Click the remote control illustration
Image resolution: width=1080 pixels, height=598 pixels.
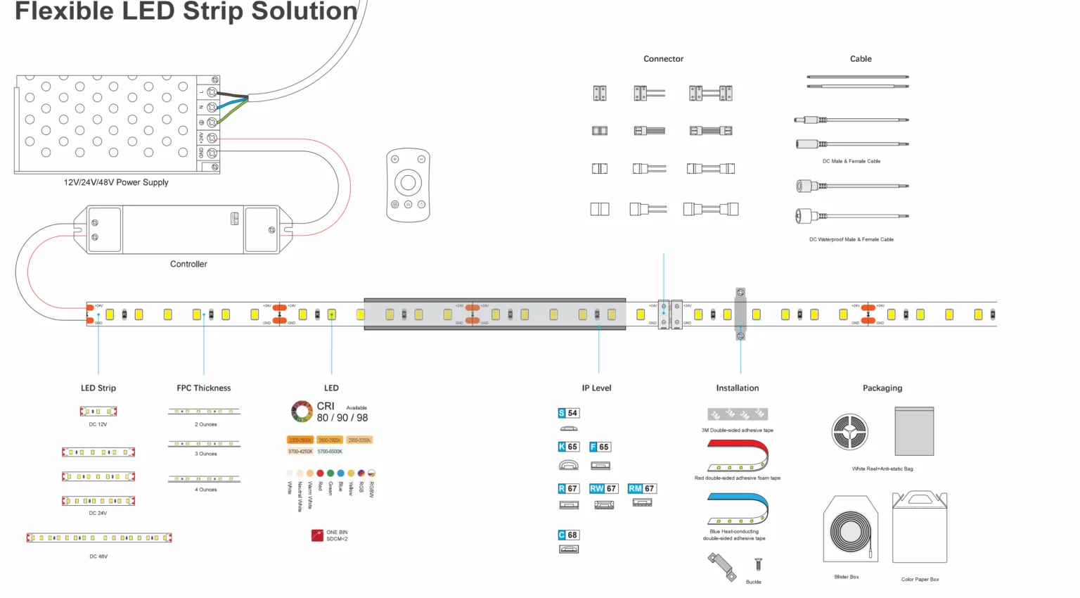click(408, 184)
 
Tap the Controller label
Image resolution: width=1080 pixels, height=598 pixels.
click(188, 265)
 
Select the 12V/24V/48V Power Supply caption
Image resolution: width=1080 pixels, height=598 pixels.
click(116, 182)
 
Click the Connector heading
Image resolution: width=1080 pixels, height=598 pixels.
click(663, 59)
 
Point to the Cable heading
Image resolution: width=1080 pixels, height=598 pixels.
click(861, 59)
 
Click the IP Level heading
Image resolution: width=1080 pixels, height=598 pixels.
click(596, 388)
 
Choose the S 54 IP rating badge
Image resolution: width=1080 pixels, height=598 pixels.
click(568, 413)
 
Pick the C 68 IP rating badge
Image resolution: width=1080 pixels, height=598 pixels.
click(568, 535)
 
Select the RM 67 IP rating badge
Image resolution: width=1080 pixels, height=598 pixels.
click(641, 488)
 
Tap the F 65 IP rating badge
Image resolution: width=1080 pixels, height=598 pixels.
click(600, 447)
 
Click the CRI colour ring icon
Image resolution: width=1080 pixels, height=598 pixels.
click(302, 412)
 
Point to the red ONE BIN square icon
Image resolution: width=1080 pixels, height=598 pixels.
click(317, 535)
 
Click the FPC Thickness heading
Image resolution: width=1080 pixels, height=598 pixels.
click(204, 388)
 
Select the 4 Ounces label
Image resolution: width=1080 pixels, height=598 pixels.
click(206, 490)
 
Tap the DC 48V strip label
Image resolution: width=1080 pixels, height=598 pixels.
click(98, 556)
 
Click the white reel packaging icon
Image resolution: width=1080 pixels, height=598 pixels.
click(850, 432)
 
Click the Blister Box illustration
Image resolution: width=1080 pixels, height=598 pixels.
click(851, 529)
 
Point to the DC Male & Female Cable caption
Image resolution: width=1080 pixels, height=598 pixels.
click(851, 161)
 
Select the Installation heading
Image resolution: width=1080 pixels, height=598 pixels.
click(738, 388)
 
